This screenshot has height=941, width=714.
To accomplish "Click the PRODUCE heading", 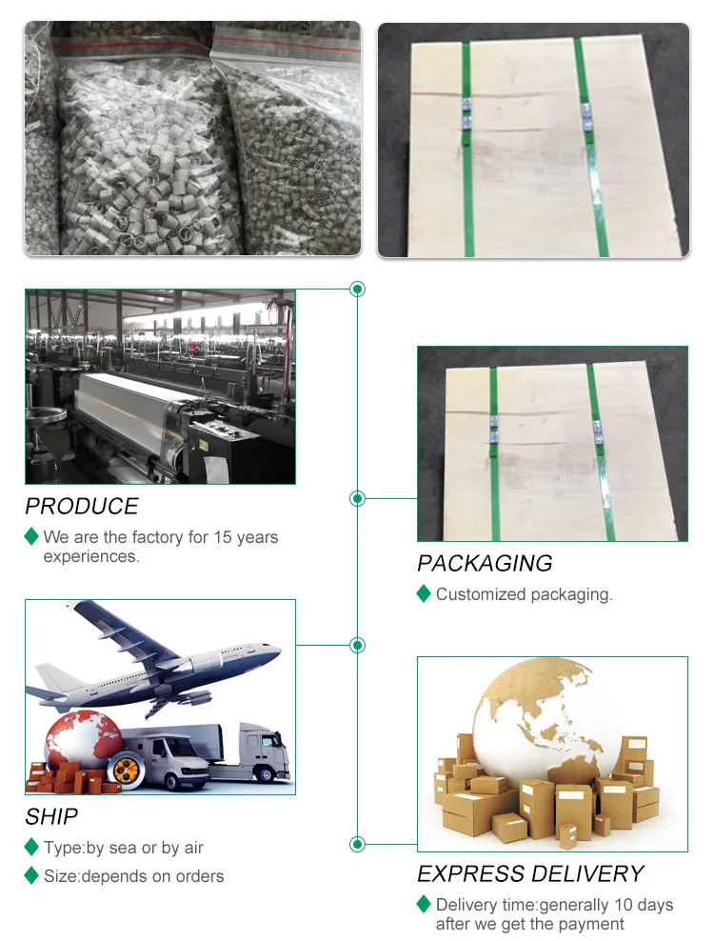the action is [x=82, y=506].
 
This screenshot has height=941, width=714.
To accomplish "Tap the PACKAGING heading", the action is [x=485, y=563].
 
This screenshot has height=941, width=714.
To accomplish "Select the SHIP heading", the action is [x=51, y=816].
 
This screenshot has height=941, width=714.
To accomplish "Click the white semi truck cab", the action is [x=263, y=751].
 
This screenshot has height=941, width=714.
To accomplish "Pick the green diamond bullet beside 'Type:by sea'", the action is [x=31, y=847].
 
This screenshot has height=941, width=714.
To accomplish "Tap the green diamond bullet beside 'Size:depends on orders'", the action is [x=31, y=875].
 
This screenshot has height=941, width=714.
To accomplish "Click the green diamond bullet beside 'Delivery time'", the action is [x=424, y=904].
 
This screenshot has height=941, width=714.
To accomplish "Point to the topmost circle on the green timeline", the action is [x=358, y=289].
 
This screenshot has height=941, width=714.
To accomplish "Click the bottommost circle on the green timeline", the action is [x=358, y=844].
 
